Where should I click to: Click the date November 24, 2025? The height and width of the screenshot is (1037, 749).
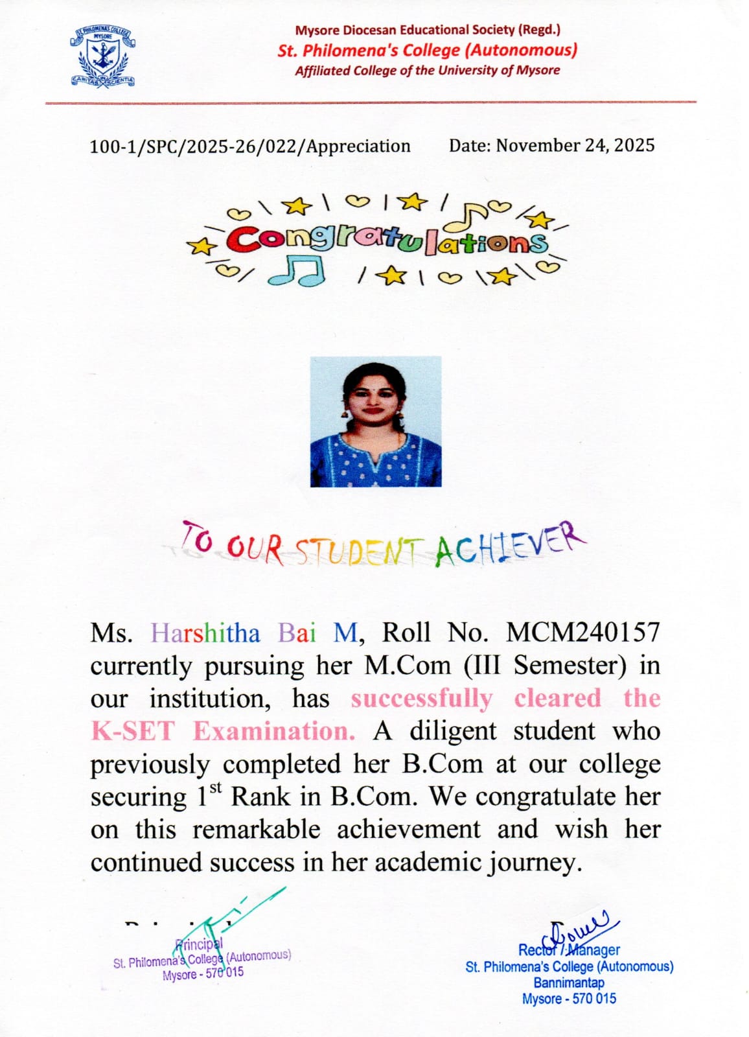tap(551, 145)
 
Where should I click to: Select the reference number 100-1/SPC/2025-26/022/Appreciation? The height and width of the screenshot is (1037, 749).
tap(249, 146)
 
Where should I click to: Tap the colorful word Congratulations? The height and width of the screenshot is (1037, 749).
tap(387, 241)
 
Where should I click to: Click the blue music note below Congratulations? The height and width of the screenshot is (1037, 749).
tap(297, 270)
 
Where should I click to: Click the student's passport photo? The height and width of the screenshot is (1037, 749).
tap(376, 421)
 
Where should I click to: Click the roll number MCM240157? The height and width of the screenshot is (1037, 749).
tap(582, 632)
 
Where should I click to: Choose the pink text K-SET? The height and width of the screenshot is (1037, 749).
tap(133, 731)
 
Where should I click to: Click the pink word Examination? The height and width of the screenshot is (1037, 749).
tap(273, 731)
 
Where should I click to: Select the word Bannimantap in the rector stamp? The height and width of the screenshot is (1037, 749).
tap(569, 983)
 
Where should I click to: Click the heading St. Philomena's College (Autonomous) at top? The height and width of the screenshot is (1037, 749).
tap(427, 50)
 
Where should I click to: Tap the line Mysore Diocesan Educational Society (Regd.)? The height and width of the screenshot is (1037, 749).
tap(428, 30)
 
